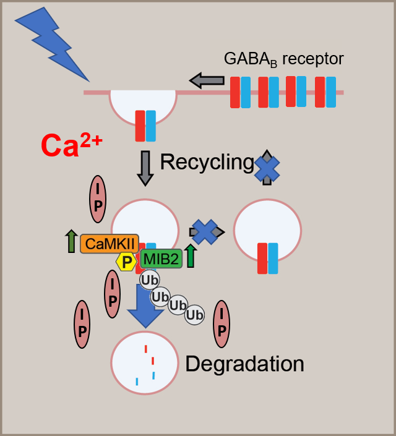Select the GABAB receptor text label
point(283,59)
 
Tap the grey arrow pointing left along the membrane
point(207,80)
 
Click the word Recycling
point(207,163)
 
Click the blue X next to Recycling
point(267,167)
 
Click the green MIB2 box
point(161,258)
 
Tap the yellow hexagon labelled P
point(127,262)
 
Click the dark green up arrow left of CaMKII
point(71,241)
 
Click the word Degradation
point(244,363)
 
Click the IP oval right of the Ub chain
point(222,324)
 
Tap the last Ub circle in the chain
point(195,315)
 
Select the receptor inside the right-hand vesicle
point(267,259)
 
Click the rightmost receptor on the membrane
point(325,92)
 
